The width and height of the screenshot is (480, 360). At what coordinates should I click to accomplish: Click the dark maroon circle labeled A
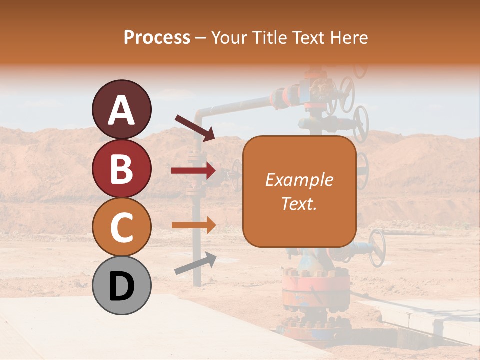(121, 109)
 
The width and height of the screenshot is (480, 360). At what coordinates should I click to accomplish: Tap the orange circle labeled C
(121, 227)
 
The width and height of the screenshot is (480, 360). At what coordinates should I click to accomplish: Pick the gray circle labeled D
(121, 285)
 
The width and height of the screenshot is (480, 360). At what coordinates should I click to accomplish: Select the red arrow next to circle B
(193, 171)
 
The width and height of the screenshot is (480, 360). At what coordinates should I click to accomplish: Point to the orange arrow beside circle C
(193, 225)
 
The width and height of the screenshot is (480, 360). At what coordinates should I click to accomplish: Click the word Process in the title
(157, 37)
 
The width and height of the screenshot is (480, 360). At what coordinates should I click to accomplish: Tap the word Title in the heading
(270, 37)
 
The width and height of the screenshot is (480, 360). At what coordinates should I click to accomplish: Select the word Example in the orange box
(299, 180)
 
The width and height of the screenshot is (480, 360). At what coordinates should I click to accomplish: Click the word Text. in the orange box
(299, 203)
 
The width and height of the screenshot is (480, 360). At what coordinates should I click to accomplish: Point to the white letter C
(121, 227)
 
